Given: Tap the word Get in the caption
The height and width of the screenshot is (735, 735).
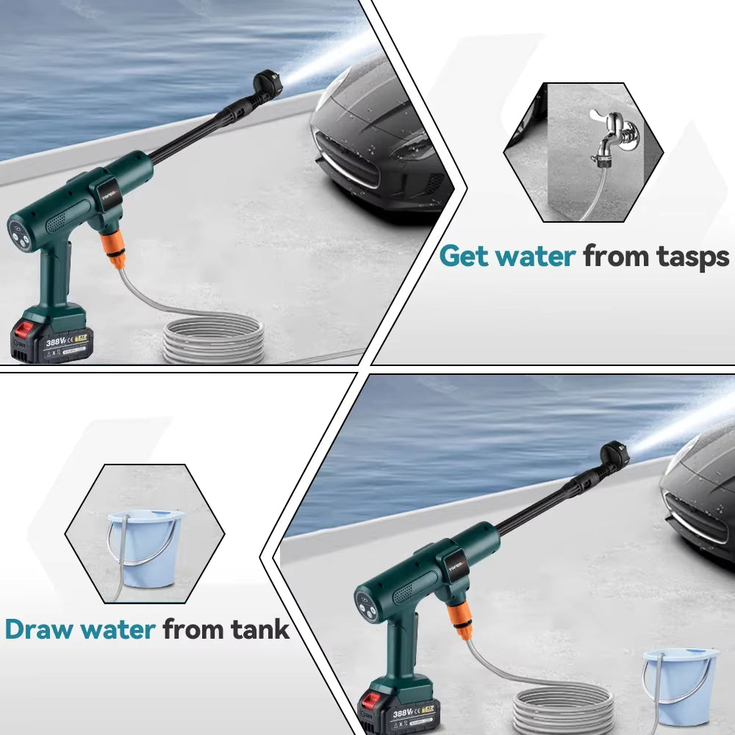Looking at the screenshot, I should coord(464,257).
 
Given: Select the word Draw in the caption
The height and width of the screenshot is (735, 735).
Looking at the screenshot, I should coord(40,630).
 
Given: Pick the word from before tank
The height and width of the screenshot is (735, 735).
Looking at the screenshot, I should coord(193,630).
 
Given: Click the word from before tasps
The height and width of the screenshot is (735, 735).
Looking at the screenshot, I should coord(618,257).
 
